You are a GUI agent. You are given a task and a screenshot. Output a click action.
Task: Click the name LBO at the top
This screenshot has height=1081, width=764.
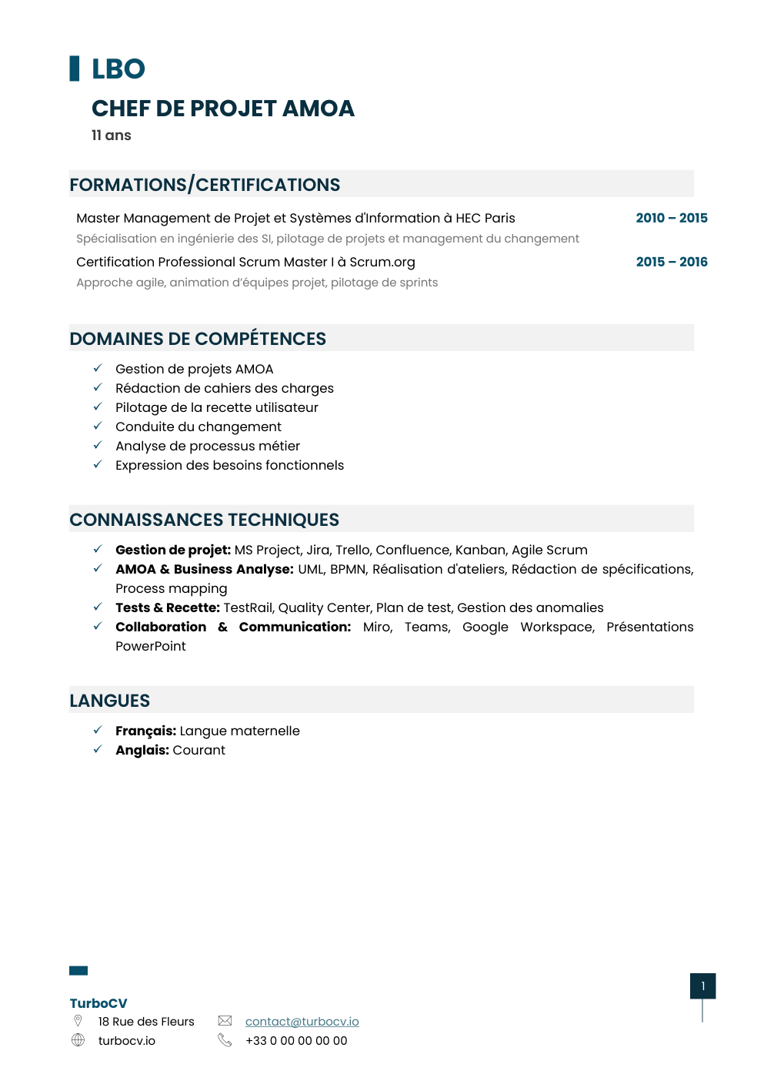tap(118, 69)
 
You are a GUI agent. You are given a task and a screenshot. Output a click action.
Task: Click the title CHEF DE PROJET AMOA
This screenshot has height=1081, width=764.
tap(222, 109)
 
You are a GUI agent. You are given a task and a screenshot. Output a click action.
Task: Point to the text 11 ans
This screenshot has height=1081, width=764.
tap(111, 136)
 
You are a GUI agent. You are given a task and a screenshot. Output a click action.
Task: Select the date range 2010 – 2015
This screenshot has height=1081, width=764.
tap(671, 218)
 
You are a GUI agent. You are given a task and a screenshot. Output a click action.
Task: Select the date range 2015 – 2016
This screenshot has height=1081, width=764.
tap(671, 262)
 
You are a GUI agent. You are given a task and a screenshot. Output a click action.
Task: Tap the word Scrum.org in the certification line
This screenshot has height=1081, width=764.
tap(382, 262)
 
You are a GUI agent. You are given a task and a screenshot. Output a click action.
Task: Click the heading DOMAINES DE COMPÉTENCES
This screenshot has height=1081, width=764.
tap(198, 339)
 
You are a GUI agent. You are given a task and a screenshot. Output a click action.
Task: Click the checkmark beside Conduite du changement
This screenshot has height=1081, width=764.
tap(98, 426)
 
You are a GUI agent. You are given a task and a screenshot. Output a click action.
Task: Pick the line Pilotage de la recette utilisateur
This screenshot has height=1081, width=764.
tap(216, 407)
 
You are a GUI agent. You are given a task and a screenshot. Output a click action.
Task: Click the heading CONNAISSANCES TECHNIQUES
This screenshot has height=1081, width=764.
tap(204, 520)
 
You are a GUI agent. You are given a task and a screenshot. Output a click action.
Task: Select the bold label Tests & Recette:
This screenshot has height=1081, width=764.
tap(167, 607)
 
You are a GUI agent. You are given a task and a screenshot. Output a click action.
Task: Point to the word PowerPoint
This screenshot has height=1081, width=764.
tap(150, 646)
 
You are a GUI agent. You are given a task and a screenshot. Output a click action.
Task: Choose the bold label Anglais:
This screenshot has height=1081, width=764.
tap(142, 750)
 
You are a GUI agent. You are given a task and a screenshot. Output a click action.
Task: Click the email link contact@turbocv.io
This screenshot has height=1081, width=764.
tap(302, 1022)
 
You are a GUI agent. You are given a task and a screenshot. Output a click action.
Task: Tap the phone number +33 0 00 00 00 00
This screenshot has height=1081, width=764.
tap(296, 1041)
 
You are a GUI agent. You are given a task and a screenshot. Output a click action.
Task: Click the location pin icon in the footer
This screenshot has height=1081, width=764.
tap(78, 1021)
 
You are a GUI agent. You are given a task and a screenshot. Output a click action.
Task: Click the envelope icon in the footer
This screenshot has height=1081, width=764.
tap(225, 1021)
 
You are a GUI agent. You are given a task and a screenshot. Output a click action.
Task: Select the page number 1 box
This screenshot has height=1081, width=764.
tap(702, 986)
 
